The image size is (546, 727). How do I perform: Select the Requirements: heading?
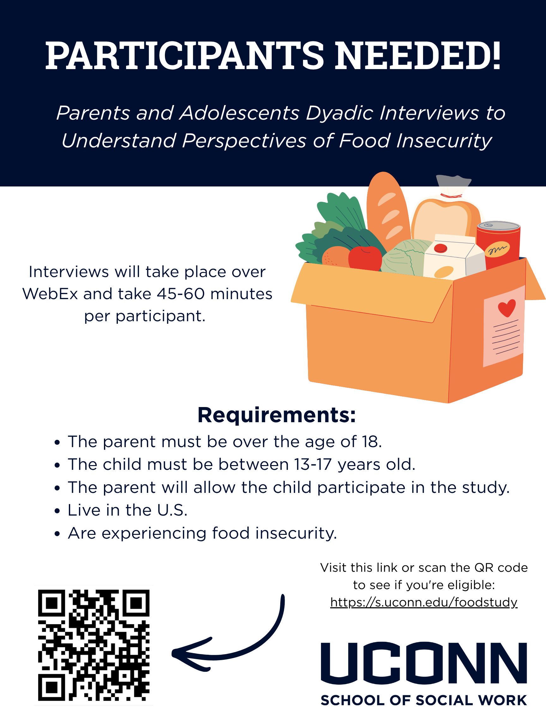coord(276,415)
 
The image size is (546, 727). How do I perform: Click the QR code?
coord(94,645)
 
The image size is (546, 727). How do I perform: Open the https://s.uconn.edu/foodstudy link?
coord(424,602)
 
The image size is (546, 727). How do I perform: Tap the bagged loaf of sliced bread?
coord(446,212)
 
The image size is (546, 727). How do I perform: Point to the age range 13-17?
coord(311,465)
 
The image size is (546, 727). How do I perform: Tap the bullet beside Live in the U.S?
coord(58,511)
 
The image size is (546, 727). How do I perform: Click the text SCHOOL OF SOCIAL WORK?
coord(424,700)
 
